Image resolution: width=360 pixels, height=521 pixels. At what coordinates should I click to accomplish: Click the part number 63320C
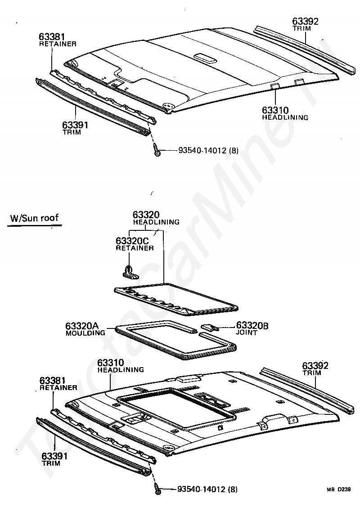click(132, 241)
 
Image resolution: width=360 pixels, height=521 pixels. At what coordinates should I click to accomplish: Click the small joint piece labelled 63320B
click(210, 326)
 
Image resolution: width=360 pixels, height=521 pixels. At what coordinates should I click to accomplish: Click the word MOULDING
click(85, 333)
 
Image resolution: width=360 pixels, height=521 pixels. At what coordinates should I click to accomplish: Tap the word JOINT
click(247, 333)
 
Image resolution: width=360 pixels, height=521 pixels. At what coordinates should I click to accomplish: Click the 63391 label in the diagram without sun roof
click(75, 126)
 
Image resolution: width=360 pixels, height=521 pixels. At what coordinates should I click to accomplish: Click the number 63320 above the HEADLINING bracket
click(146, 215)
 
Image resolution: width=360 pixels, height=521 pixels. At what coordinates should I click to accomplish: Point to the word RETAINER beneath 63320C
click(135, 248)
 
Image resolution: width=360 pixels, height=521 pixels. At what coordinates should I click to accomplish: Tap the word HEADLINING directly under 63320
click(156, 222)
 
